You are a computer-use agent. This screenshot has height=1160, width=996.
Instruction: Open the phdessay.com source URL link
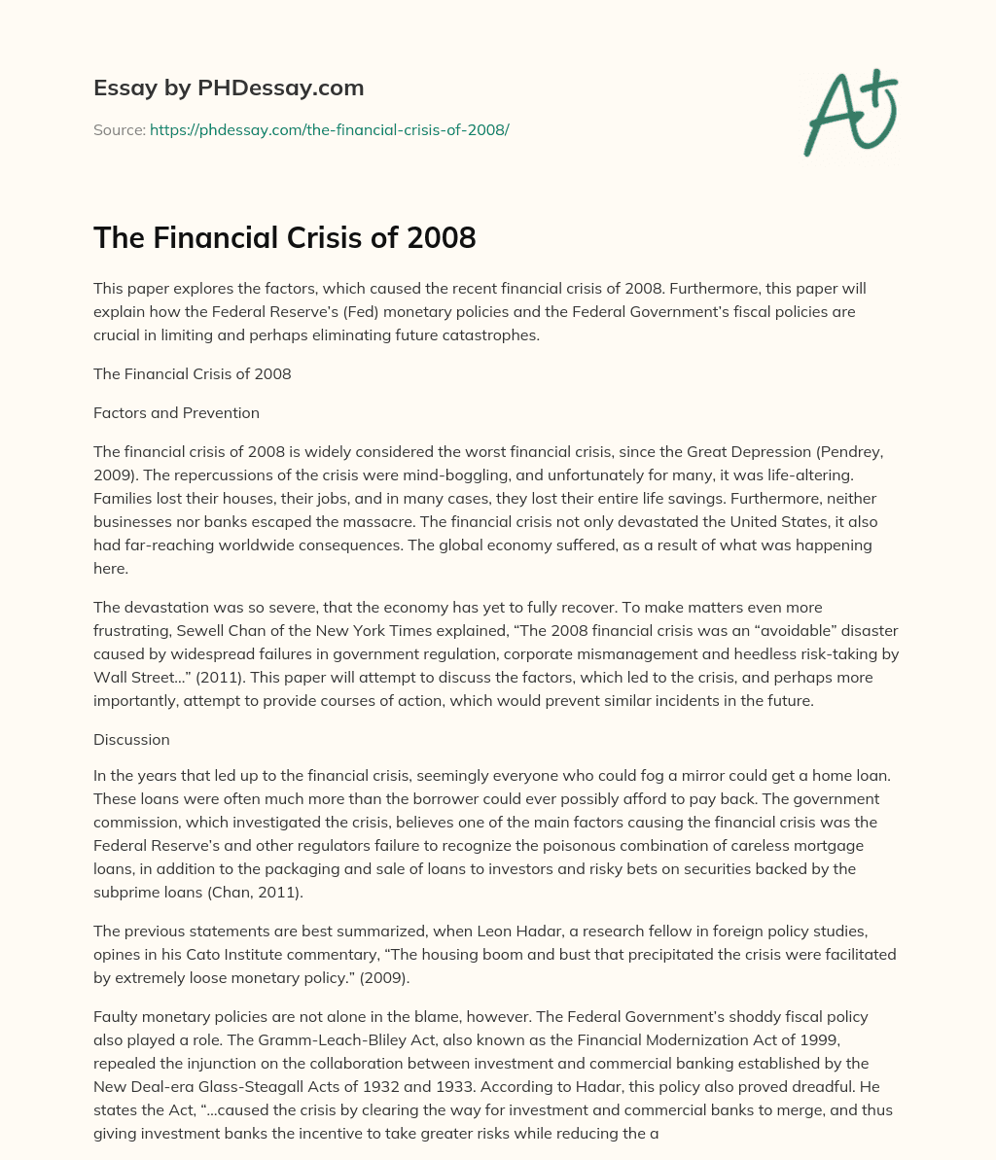pos(329,129)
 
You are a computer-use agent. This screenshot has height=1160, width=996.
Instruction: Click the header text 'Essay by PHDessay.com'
pos(229,88)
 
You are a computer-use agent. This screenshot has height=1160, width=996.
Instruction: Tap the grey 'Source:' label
pos(120,129)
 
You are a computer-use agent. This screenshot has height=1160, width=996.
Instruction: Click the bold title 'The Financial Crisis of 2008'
pos(284,236)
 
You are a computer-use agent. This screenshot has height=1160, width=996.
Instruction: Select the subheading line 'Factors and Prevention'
pos(176,412)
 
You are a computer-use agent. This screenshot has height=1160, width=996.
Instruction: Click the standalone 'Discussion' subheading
pos(131,739)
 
